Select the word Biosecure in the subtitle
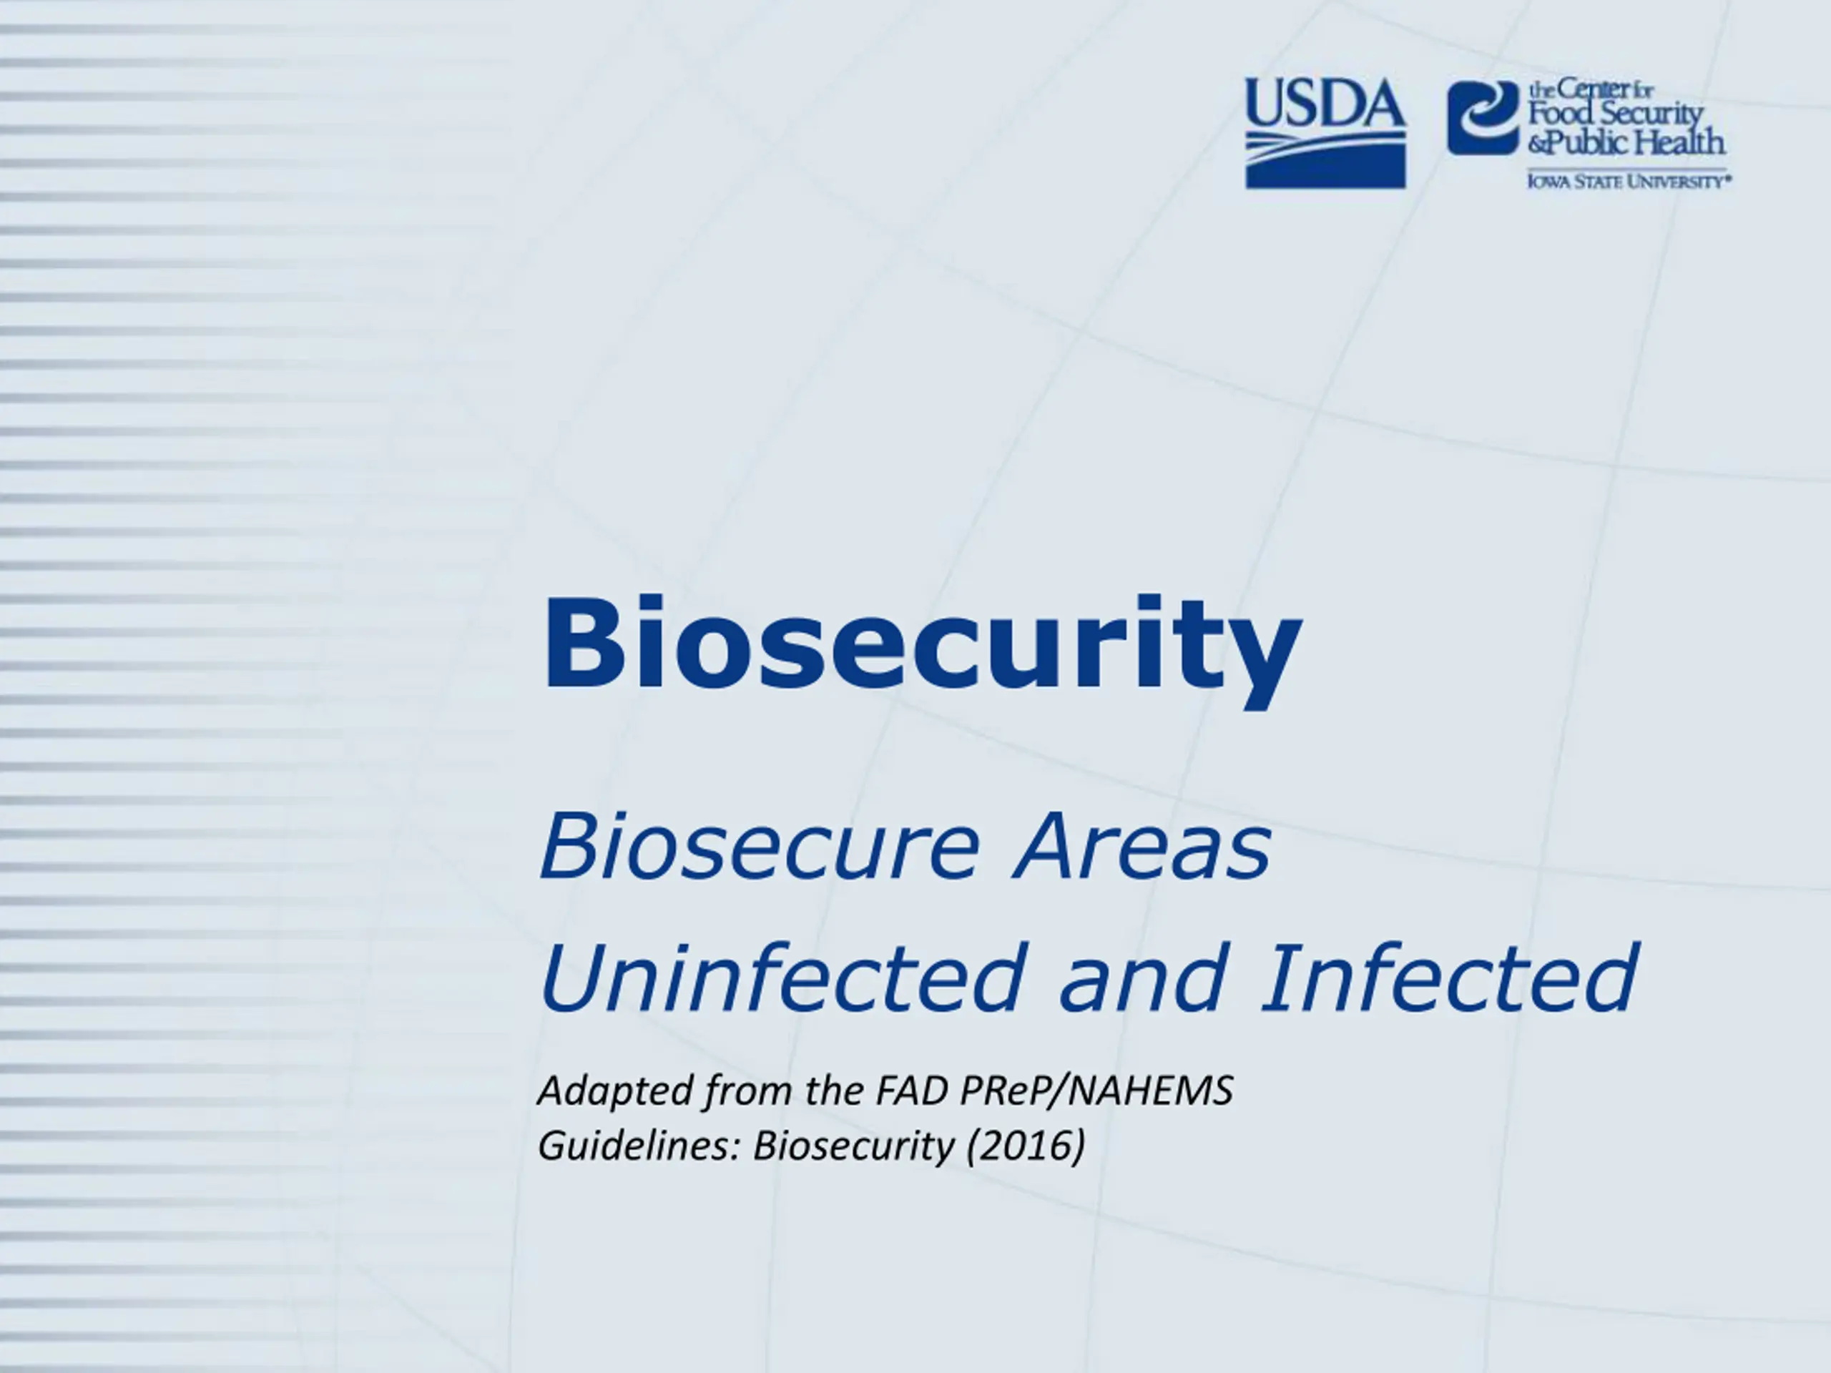tap(759, 846)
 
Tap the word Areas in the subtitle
tap(1141, 846)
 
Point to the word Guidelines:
tap(638, 1146)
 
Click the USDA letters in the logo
tap(1325, 104)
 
